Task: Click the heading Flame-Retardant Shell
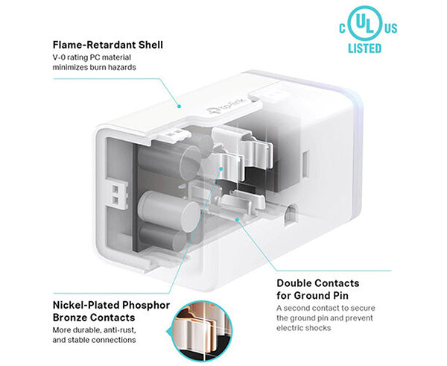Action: click(108, 45)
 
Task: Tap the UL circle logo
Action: click(365, 23)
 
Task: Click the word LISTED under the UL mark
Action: click(364, 48)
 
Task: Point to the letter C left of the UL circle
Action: click(343, 28)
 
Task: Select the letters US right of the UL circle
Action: click(391, 28)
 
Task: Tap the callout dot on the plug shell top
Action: click(179, 107)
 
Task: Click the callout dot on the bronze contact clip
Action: click(221, 169)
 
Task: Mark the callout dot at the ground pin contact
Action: click(237, 219)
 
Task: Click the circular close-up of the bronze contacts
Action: click(202, 331)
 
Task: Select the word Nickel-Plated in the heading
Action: click(86, 305)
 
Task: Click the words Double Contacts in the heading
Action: click(318, 283)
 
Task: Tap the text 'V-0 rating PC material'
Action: click(92, 57)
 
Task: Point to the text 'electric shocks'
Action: click(304, 328)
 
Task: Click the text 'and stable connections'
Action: click(94, 340)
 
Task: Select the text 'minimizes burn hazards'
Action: click(94, 67)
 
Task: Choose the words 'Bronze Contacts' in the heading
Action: click(94, 318)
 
